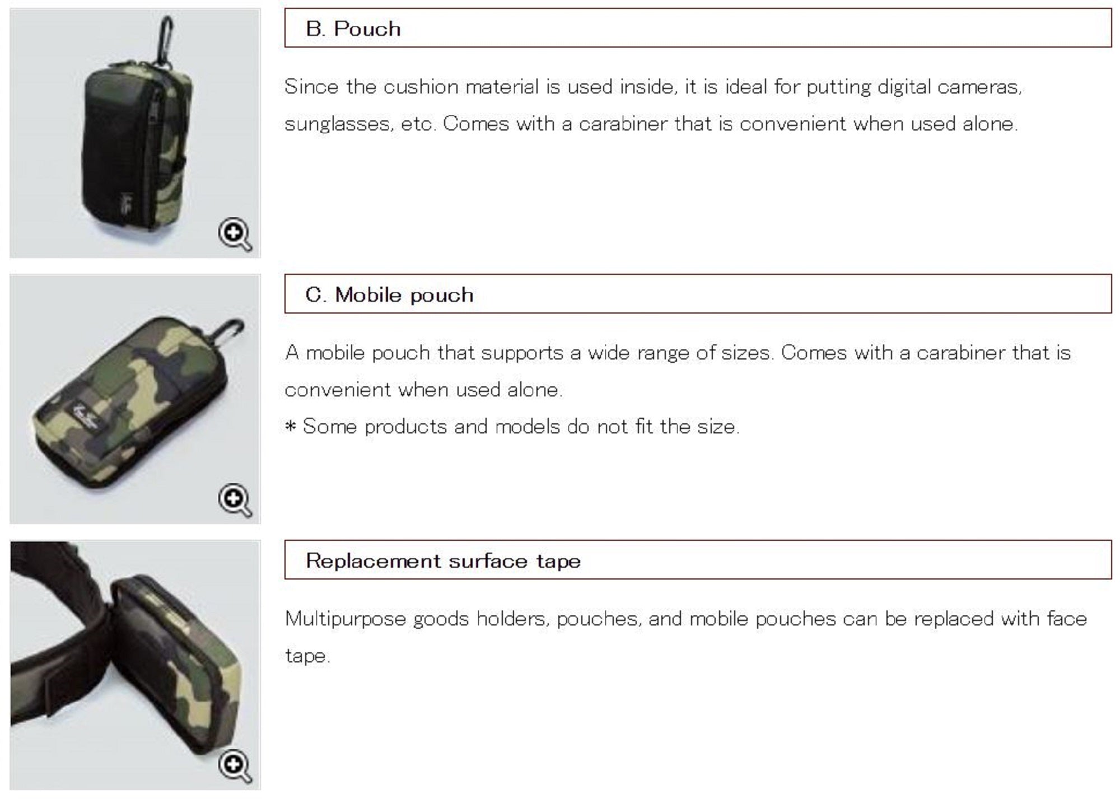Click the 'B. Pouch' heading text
(353, 29)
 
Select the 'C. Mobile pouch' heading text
(389, 295)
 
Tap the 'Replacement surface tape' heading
(443, 560)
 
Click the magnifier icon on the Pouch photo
(235, 234)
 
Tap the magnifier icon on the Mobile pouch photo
(235, 500)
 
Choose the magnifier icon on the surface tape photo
(235, 766)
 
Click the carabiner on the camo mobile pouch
(231, 332)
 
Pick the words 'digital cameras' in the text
(914, 87)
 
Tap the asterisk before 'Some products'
(290, 426)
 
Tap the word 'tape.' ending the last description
(308, 656)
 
